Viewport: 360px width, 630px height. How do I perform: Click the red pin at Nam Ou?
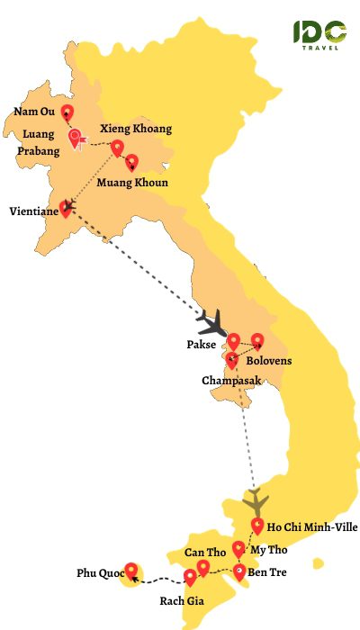[x=67, y=113]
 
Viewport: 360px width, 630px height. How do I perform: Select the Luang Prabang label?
[x=39, y=144]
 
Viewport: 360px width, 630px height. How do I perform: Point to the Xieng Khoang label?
[x=136, y=129]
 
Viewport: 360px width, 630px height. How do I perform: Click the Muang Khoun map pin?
[x=132, y=162]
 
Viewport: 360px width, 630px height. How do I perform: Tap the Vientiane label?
[x=33, y=211]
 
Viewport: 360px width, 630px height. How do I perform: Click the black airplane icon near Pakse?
[x=214, y=322]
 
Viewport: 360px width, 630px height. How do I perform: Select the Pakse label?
[x=203, y=345]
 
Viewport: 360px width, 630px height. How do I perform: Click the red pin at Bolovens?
[x=257, y=340]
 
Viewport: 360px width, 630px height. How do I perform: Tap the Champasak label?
[x=231, y=381]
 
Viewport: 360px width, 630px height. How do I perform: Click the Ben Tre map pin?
[x=239, y=571]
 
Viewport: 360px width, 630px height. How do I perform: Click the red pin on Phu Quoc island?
[x=132, y=570]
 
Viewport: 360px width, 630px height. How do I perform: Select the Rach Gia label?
[x=181, y=601]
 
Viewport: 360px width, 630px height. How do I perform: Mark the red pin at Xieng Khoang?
[x=117, y=148]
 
